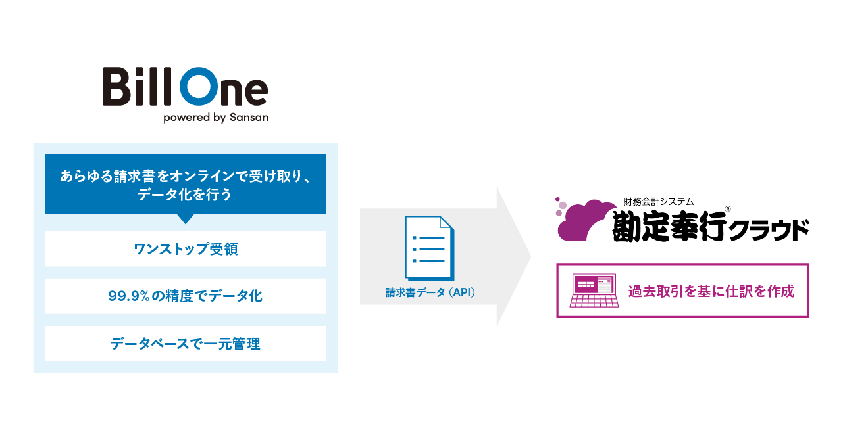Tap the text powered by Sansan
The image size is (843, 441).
pyautogui.click(x=215, y=118)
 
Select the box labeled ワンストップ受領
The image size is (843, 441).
pyautogui.click(x=185, y=249)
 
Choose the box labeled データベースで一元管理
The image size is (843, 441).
pyautogui.click(x=185, y=344)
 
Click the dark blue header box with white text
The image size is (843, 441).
pyautogui.click(x=185, y=184)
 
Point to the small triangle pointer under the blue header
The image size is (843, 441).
pyautogui.click(x=186, y=218)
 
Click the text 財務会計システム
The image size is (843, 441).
pyautogui.click(x=657, y=202)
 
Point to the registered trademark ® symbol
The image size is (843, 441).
pyautogui.click(x=728, y=210)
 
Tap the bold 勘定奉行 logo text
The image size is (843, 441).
pyautogui.click(x=669, y=227)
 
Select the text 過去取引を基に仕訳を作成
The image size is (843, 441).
pyautogui.click(x=711, y=291)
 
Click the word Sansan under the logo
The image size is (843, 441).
pyautogui.click(x=249, y=118)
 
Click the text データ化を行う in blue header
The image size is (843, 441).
pyautogui.click(x=185, y=195)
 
